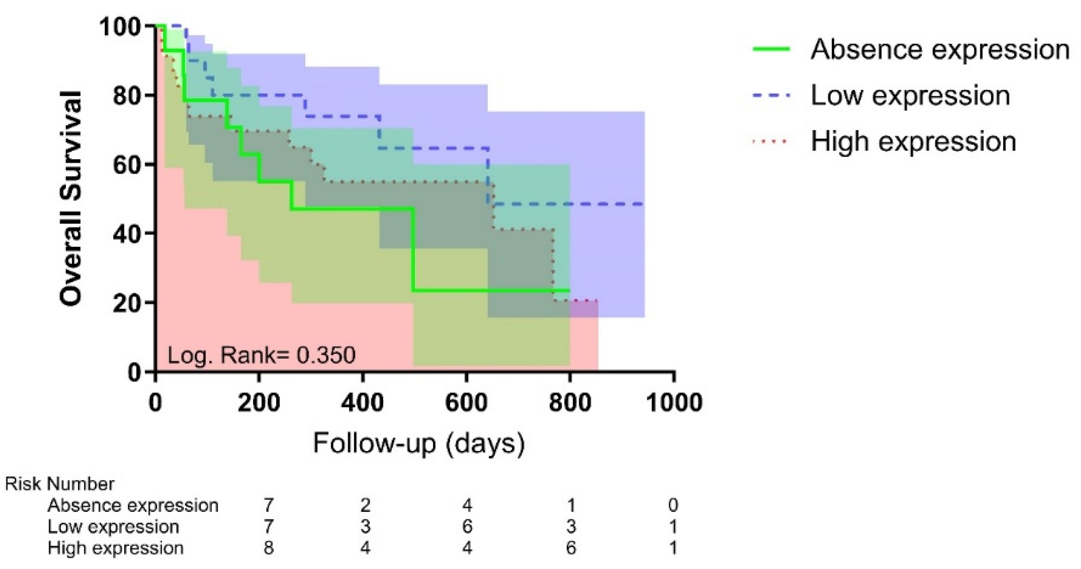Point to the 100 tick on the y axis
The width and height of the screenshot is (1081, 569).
click(x=120, y=27)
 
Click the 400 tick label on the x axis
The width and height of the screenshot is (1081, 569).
click(x=362, y=402)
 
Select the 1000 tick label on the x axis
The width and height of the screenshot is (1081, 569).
click(x=673, y=402)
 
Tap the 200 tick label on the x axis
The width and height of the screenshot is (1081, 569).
click(x=258, y=402)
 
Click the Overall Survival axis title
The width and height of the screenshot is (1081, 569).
click(x=71, y=198)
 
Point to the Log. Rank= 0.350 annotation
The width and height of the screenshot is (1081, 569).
click(x=262, y=355)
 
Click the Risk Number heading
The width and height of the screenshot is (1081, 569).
click(x=60, y=484)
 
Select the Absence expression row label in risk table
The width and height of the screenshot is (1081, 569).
click(x=133, y=505)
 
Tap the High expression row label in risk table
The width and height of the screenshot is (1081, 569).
click(x=115, y=548)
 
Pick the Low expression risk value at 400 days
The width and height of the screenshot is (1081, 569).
click(x=365, y=527)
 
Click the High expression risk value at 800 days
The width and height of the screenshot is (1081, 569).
click(x=571, y=548)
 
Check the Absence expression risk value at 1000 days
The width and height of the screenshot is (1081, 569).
click(x=673, y=505)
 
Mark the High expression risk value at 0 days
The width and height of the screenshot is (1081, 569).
click(x=268, y=548)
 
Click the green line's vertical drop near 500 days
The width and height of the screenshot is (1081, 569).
click(x=413, y=250)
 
